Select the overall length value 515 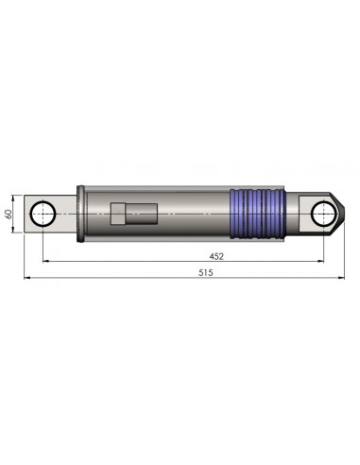(x=205, y=272)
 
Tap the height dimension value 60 (x=9, y=214)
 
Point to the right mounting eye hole (x=323, y=213)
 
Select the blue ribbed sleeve (x=258, y=213)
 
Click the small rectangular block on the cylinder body (x=130, y=214)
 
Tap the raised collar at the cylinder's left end (x=85, y=213)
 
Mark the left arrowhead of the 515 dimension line (x=27, y=279)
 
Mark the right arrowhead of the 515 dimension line (x=339, y=279)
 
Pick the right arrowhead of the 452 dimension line (x=320, y=261)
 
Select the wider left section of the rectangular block (x=119, y=214)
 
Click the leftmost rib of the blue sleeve (x=235, y=213)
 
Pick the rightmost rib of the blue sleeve (x=280, y=213)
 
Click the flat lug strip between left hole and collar (x=68, y=214)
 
